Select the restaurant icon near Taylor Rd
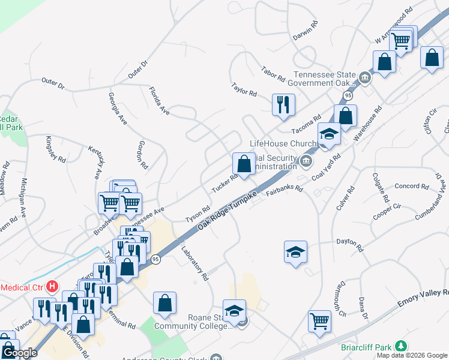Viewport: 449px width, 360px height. pyautogui.click(x=283, y=104)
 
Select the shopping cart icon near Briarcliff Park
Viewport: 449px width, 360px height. pyautogui.click(x=319, y=320)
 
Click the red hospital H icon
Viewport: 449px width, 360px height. pyautogui.click(x=53, y=286)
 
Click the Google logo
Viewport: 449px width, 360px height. pyautogui.click(x=19, y=353)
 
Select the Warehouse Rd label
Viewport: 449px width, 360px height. pyautogui.click(x=367, y=124)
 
